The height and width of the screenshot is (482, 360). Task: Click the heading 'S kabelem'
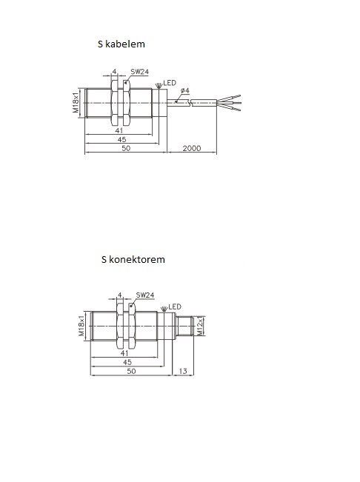click(x=121, y=44)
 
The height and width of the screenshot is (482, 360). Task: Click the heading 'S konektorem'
click(x=133, y=259)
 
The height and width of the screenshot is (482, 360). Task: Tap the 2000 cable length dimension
click(x=192, y=148)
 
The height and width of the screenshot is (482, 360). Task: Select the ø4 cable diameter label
click(x=185, y=90)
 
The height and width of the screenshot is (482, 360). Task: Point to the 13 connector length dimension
click(x=183, y=371)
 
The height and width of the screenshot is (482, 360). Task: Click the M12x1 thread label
click(x=200, y=326)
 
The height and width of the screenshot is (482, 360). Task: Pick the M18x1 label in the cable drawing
click(x=76, y=103)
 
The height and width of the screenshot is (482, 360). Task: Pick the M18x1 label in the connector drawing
click(x=81, y=326)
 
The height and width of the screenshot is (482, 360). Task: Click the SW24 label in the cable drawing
click(x=139, y=72)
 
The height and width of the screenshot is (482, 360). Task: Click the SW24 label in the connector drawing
click(x=145, y=295)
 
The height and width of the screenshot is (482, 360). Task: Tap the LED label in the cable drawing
click(x=170, y=83)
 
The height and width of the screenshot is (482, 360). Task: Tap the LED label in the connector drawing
click(x=175, y=307)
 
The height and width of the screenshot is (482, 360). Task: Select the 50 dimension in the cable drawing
click(x=126, y=148)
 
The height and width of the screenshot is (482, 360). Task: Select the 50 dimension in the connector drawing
click(x=131, y=371)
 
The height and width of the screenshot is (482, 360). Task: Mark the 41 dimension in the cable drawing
click(x=119, y=130)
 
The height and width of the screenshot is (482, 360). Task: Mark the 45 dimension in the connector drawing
click(x=127, y=362)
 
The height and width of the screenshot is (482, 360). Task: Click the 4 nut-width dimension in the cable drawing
click(x=114, y=72)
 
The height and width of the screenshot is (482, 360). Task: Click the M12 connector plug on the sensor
click(x=184, y=326)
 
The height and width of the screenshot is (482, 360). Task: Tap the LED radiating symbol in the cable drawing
click(x=159, y=85)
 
